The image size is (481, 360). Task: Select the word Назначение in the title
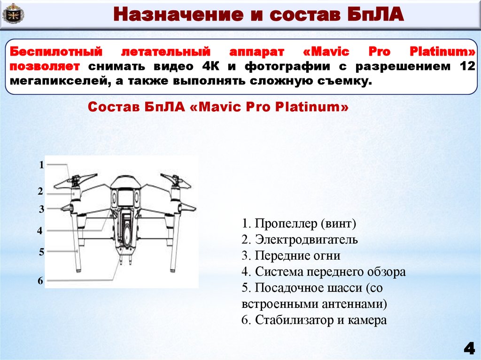174,15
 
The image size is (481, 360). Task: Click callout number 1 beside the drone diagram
41,165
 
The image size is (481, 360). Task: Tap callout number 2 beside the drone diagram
41,191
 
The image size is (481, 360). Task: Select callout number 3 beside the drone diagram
41,210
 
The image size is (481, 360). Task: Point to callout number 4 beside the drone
40,231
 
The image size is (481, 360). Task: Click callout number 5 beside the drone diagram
41,252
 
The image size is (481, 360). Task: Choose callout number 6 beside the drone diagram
40,281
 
